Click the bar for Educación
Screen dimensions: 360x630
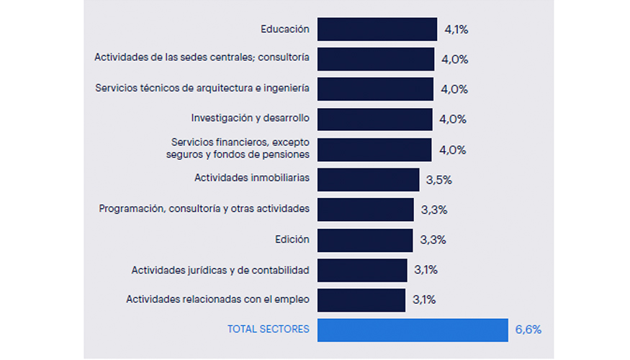[x=377, y=30]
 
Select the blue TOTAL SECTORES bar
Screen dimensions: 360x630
[x=412, y=330]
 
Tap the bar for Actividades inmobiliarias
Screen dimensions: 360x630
[x=368, y=179]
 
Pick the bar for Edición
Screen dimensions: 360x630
[x=364, y=240]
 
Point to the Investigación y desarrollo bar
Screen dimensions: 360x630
[x=374, y=120]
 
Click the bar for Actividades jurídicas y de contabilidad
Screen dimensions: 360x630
[x=361, y=270]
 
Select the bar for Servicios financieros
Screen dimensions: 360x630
[x=374, y=150]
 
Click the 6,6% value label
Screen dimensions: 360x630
[x=528, y=330]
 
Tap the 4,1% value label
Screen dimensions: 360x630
[x=456, y=30]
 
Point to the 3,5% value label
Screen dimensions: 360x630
[x=438, y=180]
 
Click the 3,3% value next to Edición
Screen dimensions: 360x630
[x=433, y=240]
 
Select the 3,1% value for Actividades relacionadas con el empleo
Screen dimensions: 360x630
[x=424, y=300]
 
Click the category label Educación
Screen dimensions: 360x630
[x=285, y=30]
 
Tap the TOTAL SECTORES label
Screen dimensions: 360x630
[x=269, y=329]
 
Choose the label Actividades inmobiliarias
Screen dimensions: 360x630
[x=251, y=177]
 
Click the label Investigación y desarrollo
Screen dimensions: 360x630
[x=250, y=117]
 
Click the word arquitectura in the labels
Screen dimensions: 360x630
[x=215, y=88]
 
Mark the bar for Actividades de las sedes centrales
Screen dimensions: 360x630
[x=375, y=60]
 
